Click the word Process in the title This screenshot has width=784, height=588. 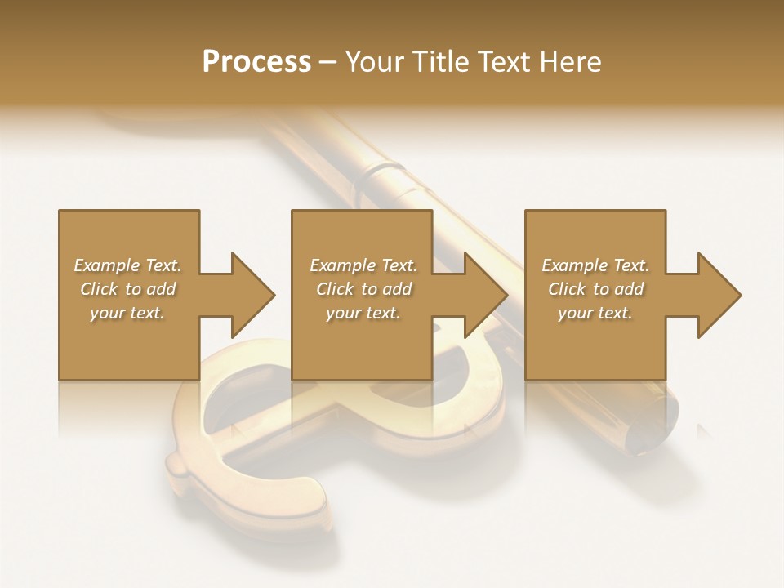(256, 61)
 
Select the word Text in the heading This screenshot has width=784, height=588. (501, 61)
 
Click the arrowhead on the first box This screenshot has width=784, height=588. (250, 295)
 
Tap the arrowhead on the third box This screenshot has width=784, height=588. (717, 295)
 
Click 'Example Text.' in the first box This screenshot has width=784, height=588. (127, 265)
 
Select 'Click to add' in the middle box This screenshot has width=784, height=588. (363, 289)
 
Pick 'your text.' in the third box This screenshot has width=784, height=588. (595, 313)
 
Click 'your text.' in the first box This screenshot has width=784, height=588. (127, 313)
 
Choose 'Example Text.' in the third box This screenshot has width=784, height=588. (595, 265)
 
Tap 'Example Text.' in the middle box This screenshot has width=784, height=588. (363, 265)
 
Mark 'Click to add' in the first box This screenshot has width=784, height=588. (127, 289)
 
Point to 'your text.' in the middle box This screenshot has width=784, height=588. (363, 313)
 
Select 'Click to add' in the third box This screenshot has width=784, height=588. (595, 289)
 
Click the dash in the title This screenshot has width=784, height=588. (328, 62)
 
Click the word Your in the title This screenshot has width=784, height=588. (372, 61)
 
